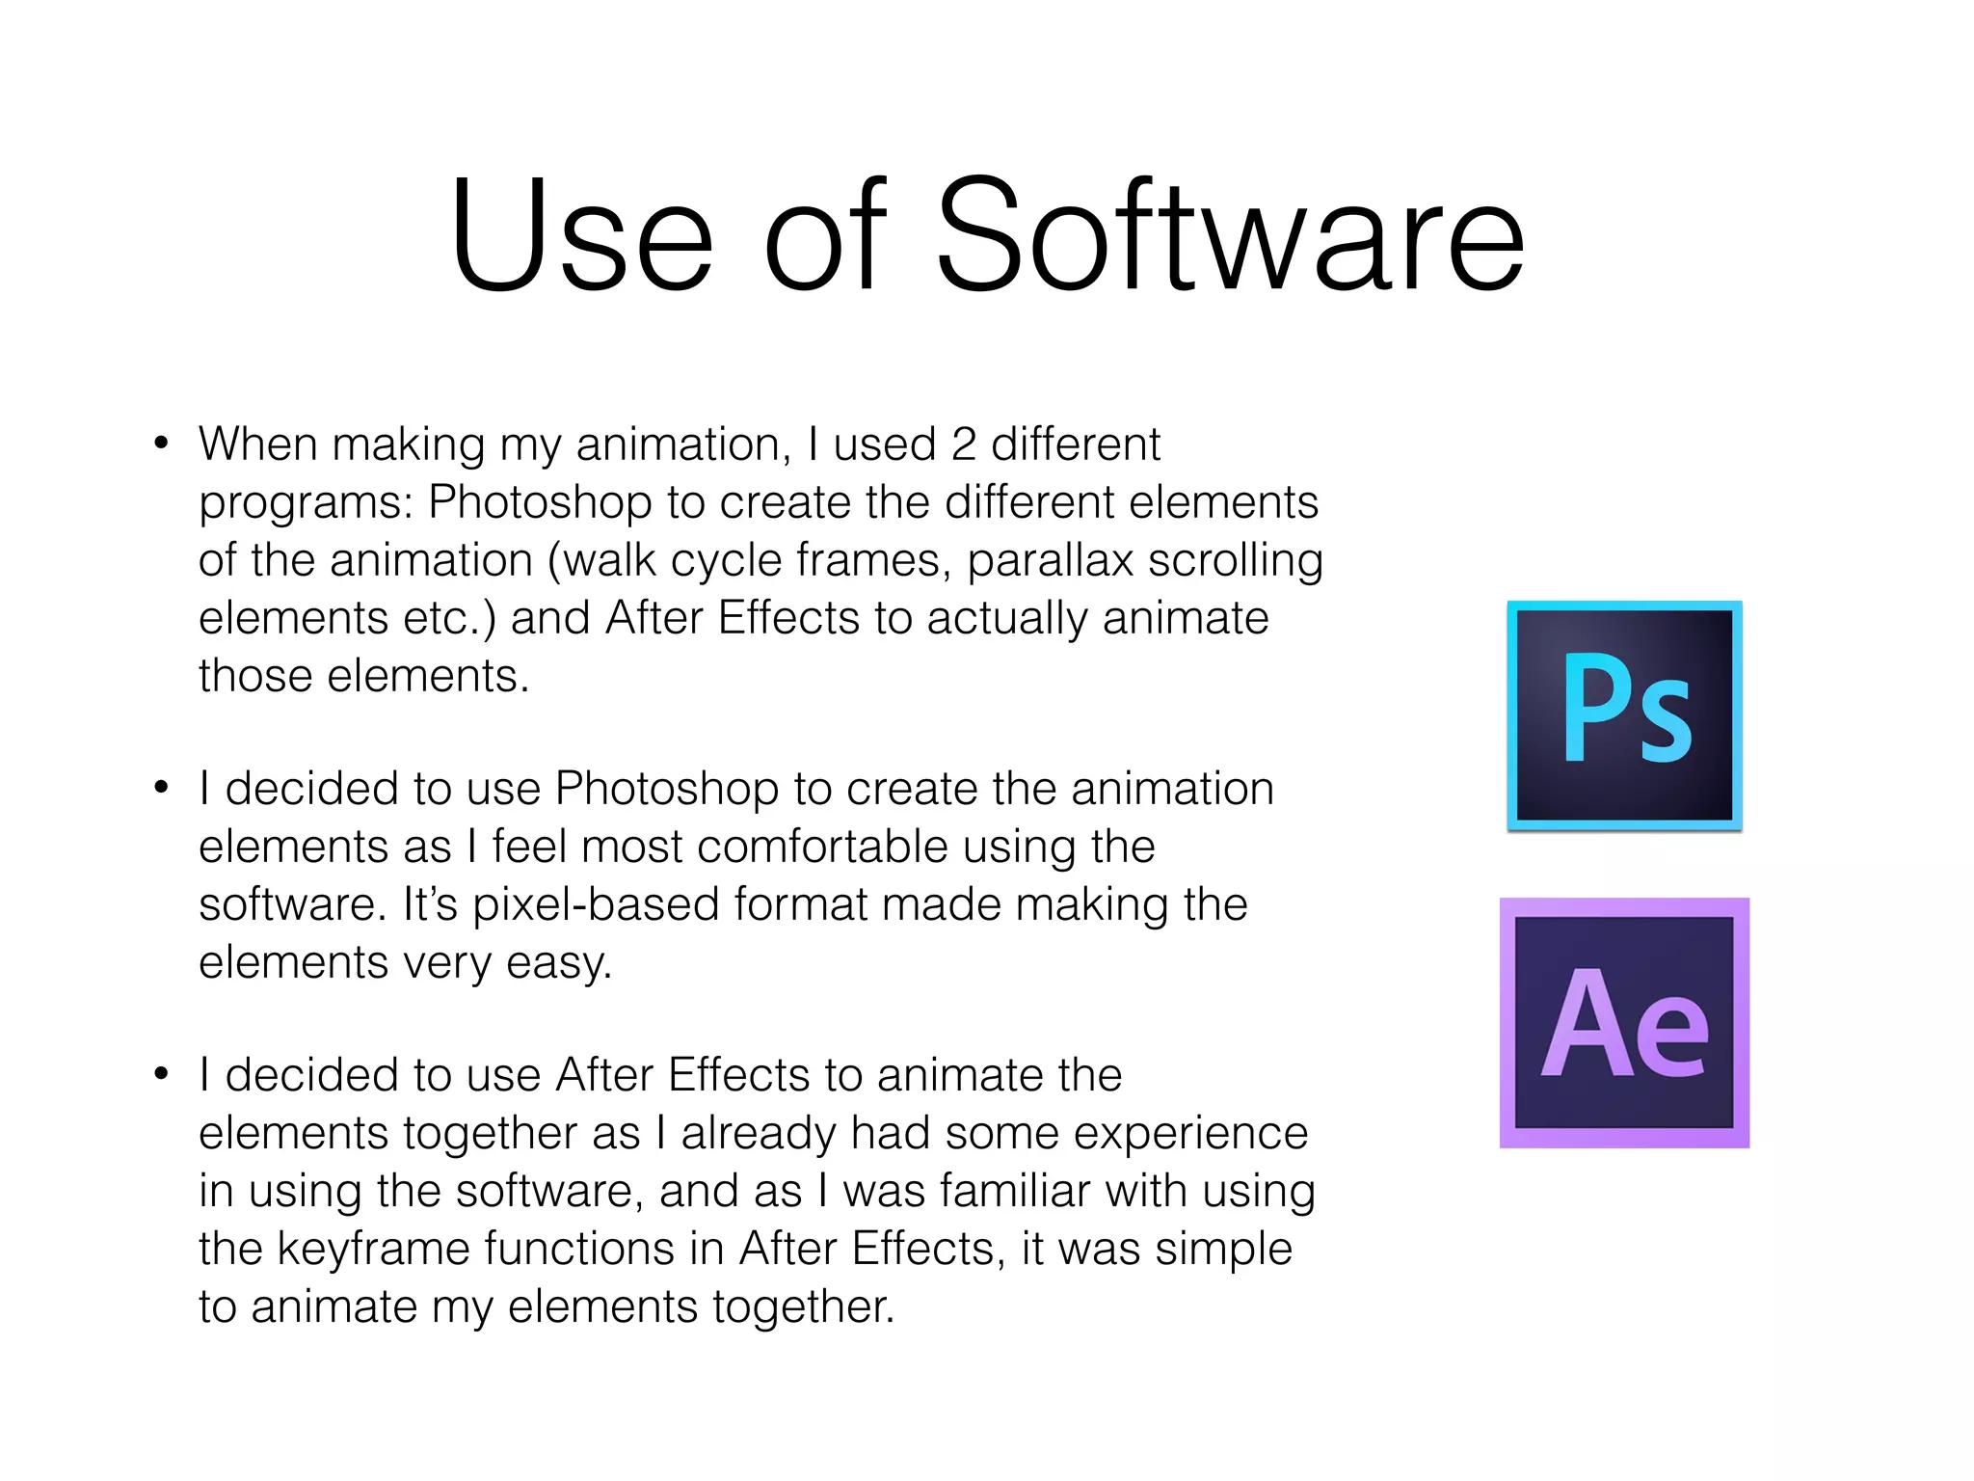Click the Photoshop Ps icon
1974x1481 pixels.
click(x=1624, y=714)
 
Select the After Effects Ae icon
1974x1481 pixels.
click(x=1624, y=1022)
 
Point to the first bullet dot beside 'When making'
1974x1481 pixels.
click(x=161, y=444)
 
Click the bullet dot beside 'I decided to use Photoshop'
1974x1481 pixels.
click(x=161, y=789)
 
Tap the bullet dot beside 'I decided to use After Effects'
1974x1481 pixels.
click(x=161, y=1074)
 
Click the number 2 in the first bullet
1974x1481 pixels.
click(x=964, y=444)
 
